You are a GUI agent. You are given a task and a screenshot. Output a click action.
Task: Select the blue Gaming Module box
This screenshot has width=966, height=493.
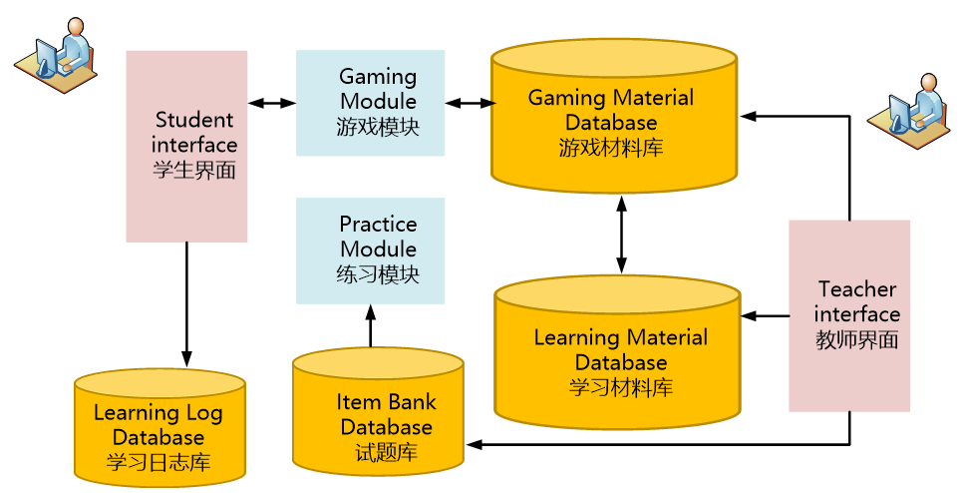[370, 102]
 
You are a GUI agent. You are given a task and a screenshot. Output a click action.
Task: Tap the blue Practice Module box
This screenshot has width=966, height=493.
[370, 249]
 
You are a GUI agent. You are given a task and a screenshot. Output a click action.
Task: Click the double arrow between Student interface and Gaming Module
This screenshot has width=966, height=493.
[271, 103]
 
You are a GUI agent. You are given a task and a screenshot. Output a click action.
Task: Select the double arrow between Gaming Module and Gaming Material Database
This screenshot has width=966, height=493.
[470, 103]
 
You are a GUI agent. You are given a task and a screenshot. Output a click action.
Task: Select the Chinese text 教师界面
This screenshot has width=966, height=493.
[857, 340]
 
